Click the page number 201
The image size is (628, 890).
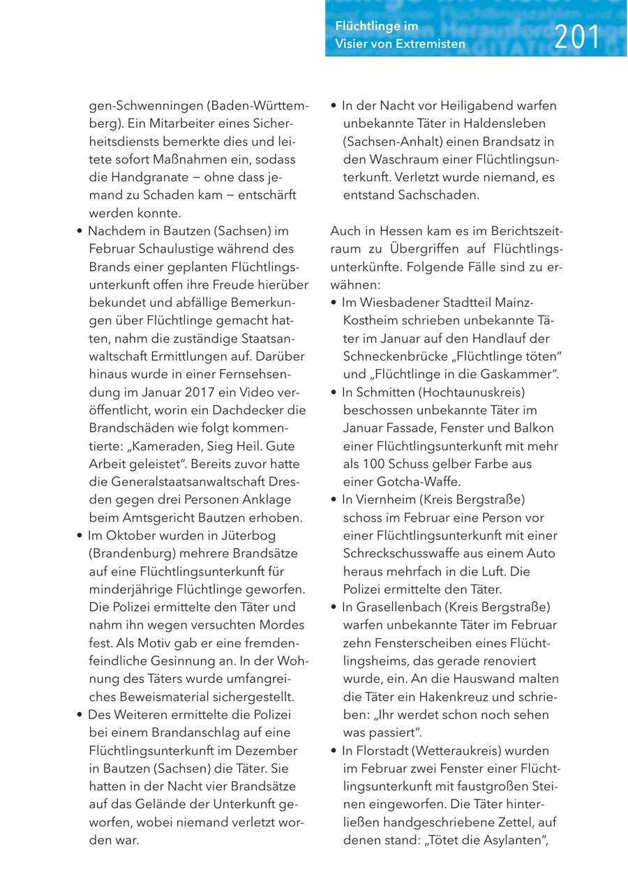[576, 37]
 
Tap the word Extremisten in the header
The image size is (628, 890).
[430, 44]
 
